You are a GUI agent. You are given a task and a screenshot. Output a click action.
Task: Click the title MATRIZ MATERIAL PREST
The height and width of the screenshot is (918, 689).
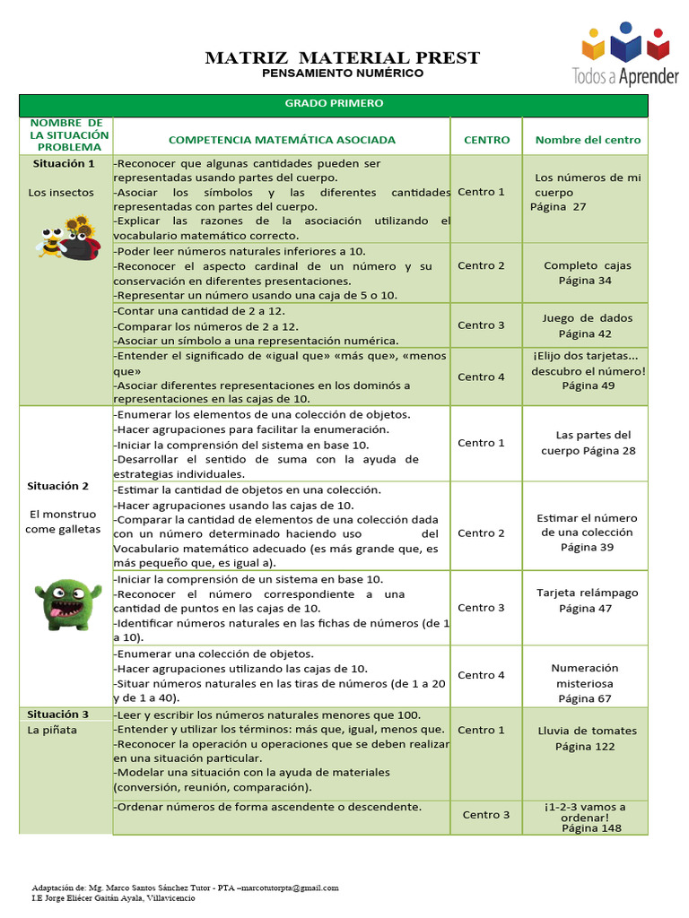click(343, 58)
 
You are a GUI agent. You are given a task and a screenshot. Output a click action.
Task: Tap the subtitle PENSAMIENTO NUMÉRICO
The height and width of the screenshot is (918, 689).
click(343, 74)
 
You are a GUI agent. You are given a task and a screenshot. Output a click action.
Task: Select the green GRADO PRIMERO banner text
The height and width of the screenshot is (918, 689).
click(334, 103)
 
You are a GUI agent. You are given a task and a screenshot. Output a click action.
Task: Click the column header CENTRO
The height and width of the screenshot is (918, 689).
click(486, 140)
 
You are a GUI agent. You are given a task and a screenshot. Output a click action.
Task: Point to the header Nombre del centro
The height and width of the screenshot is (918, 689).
click(588, 140)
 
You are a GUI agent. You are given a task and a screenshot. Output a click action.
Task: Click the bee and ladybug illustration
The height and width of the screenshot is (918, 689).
click(68, 238)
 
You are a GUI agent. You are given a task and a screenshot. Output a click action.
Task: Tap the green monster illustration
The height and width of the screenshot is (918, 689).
click(67, 604)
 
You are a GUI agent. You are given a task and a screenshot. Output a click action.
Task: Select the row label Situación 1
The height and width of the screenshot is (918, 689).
click(64, 164)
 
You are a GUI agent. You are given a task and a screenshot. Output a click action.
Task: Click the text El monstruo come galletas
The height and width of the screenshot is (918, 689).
click(59, 522)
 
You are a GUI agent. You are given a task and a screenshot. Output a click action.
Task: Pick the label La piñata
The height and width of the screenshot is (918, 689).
click(52, 730)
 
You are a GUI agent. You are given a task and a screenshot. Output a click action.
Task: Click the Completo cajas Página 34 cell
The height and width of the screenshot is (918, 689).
click(587, 273)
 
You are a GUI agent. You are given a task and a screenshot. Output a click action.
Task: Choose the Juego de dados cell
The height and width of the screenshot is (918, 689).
click(587, 325)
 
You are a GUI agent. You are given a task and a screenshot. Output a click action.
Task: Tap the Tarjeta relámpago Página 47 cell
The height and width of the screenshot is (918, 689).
click(587, 601)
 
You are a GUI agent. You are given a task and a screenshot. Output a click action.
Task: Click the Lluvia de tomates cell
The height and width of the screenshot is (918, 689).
click(587, 738)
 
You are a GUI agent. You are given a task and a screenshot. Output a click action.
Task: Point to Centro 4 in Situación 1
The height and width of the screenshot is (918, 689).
click(482, 377)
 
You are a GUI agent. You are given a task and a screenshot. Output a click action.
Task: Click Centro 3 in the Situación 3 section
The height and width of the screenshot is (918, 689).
click(486, 814)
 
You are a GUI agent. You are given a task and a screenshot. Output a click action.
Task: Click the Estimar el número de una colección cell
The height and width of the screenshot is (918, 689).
click(587, 533)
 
